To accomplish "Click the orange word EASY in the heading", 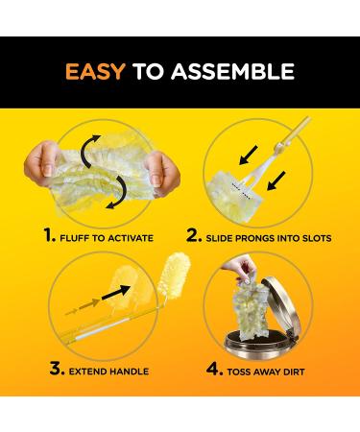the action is pos(95,71).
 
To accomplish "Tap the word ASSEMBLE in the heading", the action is pos(232,71).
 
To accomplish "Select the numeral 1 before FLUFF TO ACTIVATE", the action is pos(49,235).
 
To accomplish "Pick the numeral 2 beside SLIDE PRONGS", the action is pos(194,235).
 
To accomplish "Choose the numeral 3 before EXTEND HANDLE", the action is pos(58,369).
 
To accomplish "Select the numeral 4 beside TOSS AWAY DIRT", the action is pos(214,369).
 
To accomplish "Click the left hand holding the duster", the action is pos(40,163).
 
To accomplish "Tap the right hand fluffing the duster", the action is pos(161,173).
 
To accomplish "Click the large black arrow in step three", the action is pos(116,293).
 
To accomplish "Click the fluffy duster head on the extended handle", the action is pos(175,276).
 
